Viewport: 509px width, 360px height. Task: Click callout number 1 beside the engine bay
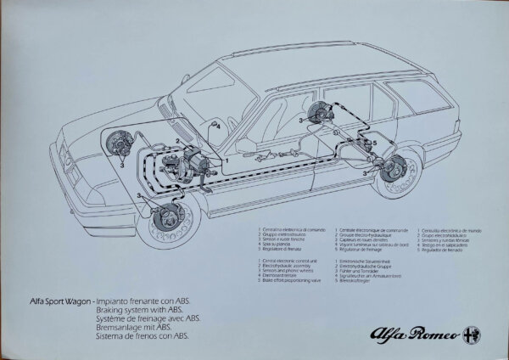(x=227, y=159)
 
